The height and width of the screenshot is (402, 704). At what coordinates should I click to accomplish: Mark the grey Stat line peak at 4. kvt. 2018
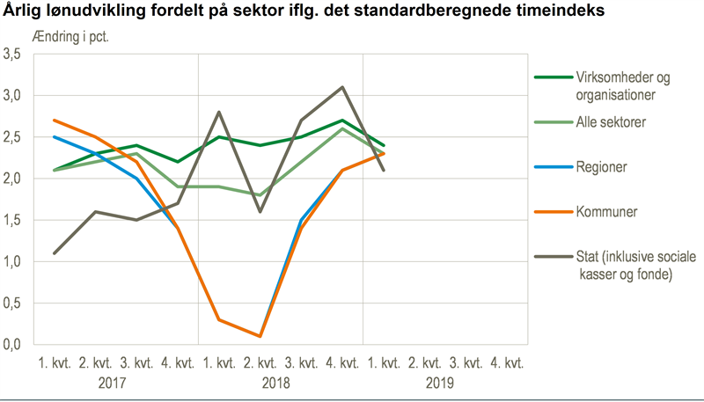tap(342, 87)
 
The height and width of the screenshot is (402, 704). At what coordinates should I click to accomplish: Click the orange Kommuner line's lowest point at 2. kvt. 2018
tap(260, 336)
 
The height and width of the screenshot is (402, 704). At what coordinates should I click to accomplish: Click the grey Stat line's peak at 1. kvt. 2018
tap(218, 112)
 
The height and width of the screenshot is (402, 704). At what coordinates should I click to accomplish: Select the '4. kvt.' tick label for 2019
tap(507, 362)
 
